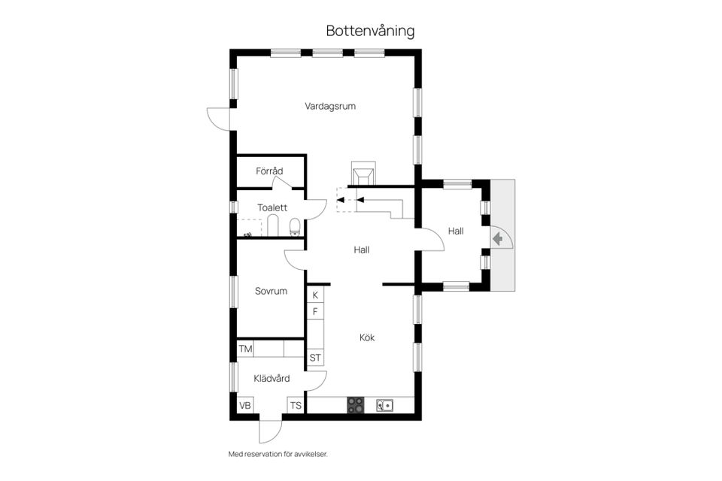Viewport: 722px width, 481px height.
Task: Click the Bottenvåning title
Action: click(370, 31)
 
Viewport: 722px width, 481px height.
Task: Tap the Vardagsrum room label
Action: click(330, 106)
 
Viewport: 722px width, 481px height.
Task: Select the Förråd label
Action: click(269, 171)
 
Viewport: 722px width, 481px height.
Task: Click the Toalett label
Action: click(272, 207)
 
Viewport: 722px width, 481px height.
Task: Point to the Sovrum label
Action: click(271, 291)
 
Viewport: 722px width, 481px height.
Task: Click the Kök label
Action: click(367, 337)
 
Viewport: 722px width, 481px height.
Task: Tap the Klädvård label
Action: click(272, 378)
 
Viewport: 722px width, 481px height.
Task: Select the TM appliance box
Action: click(245, 349)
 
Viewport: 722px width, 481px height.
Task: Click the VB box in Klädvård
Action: click(245, 406)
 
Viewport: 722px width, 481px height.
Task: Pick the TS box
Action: click(296, 406)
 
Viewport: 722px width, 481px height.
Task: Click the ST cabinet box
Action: click(315, 358)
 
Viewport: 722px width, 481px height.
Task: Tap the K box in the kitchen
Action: click(315, 295)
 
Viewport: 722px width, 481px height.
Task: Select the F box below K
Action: click(315, 311)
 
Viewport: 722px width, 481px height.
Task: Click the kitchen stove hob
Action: click(356, 405)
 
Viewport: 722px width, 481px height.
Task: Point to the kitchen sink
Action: click(384, 405)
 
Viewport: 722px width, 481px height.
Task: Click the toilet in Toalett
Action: click(295, 225)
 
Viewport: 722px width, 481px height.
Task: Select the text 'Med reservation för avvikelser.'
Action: click(278, 454)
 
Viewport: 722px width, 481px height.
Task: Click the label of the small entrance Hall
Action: click(456, 231)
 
